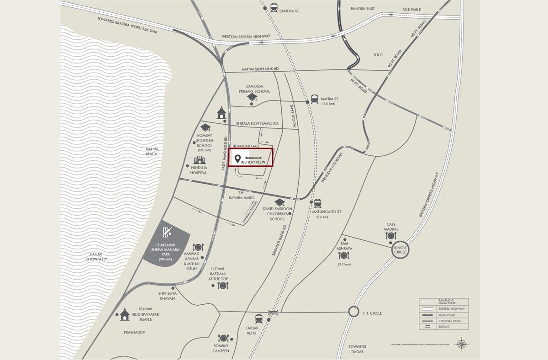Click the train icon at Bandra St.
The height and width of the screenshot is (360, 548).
pos(274,7)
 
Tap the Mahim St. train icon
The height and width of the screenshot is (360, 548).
pos(315,99)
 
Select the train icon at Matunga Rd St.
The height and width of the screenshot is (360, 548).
pos(317,203)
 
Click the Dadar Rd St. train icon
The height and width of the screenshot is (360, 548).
pos(259,318)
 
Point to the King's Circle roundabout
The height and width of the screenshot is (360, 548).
pos(400,249)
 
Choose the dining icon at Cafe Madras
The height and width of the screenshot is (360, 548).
pos(391,236)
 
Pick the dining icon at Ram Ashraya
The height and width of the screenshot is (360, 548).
pos(343,255)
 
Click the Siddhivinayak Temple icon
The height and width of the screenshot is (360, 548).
pos(124,313)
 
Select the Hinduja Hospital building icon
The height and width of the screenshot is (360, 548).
pos(199,160)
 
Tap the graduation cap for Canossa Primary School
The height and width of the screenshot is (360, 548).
pos(252,98)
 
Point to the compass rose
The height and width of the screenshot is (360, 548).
pos(463,344)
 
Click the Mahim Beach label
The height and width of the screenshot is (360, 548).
pos(152,151)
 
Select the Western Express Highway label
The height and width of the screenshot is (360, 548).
pos(246,37)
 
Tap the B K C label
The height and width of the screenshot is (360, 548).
pos(378,55)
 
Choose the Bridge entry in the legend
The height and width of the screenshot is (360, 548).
pos(440,327)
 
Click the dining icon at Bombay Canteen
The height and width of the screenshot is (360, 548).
pos(223,338)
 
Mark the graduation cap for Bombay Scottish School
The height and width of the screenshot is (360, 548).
pos(205,127)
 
